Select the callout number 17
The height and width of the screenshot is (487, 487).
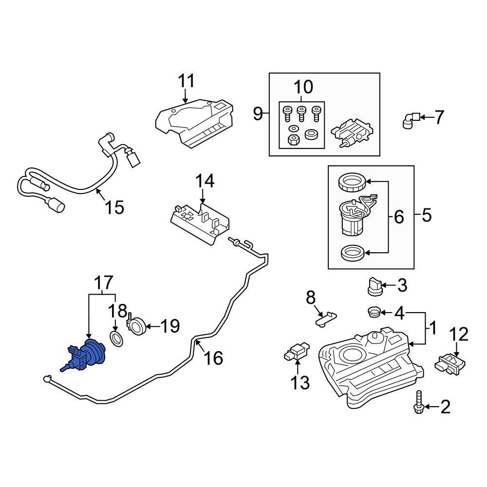pyautogui.click(x=103, y=282)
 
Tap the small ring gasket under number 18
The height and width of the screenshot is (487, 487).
pyautogui.click(x=116, y=338)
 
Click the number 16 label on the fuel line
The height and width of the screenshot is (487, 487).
pyautogui.click(x=214, y=358)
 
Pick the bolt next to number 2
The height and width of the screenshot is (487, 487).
pyautogui.click(x=419, y=402)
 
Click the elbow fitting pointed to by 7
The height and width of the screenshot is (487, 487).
pyautogui.click(x=411, y=120)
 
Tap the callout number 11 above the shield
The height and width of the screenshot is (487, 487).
pyautogui.click(x=187, y=81)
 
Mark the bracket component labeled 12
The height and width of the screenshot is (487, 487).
pyautogui.click(x=450, y=363)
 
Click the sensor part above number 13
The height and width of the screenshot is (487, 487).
pyautogui.click(x=297, y=353)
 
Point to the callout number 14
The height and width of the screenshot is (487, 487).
pyautogui.click(x=205, y=181)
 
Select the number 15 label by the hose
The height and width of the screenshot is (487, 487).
pyautogui.click(x=114, y=207)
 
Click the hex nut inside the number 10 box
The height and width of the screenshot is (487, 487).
pyautogui.click(x=294, y=140)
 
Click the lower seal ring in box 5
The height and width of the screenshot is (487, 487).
pyautogui.click(x=353, y=253)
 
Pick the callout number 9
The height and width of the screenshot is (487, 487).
pyautogui.click(x=258, y=113)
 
